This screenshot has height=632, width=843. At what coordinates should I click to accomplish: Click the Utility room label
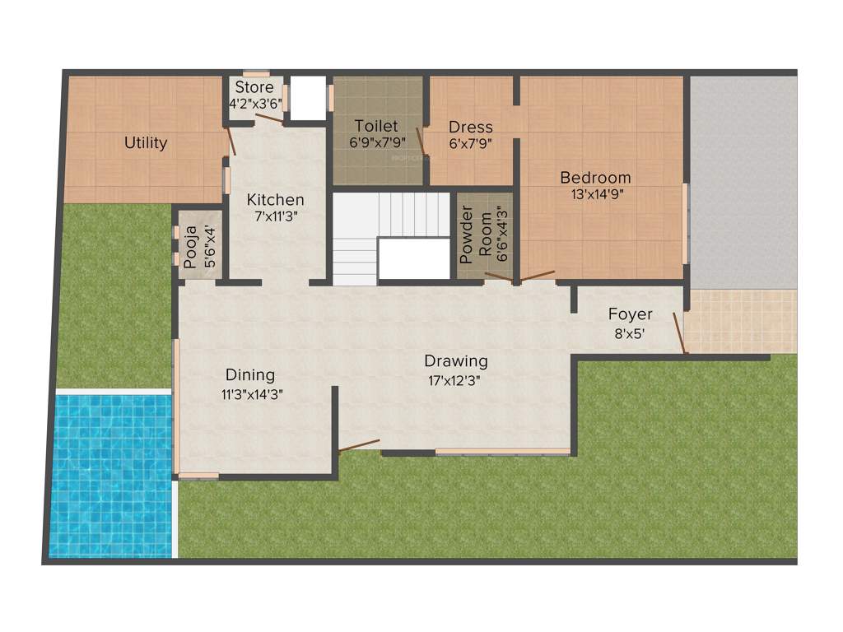coord(146,142)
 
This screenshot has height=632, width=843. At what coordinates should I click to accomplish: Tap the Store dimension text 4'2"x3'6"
coord(255,105)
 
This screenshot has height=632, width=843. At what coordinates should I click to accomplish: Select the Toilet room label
coord(376,126)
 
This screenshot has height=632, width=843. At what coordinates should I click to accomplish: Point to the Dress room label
coord(471,127)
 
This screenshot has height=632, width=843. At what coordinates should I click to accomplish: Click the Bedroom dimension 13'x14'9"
coord(595,195)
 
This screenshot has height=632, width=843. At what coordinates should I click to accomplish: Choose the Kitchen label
coord(276,199)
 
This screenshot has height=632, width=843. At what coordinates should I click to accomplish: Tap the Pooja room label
coord(191,247)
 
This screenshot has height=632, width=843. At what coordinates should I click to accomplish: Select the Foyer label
coord(631,314)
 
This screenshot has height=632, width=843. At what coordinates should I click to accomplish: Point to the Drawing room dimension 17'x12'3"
coord(455,379)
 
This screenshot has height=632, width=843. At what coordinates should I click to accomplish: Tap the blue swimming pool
coord(111,475)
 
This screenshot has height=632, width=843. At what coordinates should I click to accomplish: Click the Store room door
coord(269,119)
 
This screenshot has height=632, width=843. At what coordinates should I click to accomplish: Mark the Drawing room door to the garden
coord(360,446)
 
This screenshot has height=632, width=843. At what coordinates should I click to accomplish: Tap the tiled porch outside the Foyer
coord(740,321)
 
